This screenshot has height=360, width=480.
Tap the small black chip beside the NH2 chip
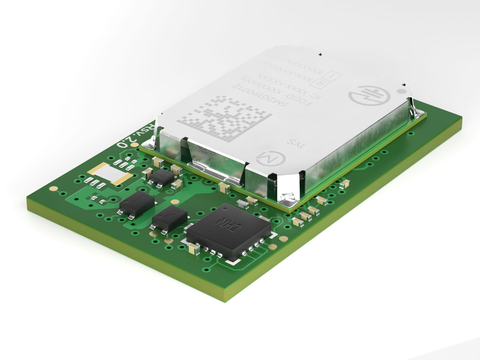coord(171,219)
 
